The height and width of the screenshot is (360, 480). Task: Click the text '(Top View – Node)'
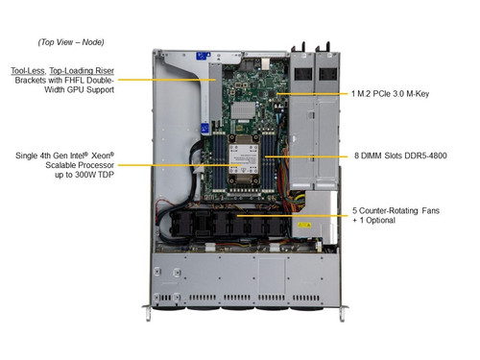coord(71,42)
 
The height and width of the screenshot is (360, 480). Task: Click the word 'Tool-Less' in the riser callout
coord(28,71)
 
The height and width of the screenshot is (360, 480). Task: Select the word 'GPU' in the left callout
coord(76,89)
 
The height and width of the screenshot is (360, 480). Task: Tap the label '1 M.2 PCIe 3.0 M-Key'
coord(390,94)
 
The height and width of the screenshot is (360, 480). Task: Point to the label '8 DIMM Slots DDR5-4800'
coord(400,156)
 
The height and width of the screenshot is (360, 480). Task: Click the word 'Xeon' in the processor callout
coord(103,156)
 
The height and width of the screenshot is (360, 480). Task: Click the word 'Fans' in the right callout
coord(430,211)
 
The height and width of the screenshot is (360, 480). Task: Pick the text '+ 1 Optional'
coord(373,221)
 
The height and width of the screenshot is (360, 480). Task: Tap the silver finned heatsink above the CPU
coord(243,110)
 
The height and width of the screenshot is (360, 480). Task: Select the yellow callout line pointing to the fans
coord(292,216)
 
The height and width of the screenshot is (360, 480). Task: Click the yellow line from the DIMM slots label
coord(306,156)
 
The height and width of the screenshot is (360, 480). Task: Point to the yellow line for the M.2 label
coord(312,94)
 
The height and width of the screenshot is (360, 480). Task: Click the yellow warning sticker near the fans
coord(304,225)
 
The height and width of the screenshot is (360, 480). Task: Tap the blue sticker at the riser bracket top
coord(204,56)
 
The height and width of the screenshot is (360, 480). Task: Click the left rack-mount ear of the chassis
coord(147,312)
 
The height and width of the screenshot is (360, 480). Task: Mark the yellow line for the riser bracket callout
coord(166,80)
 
